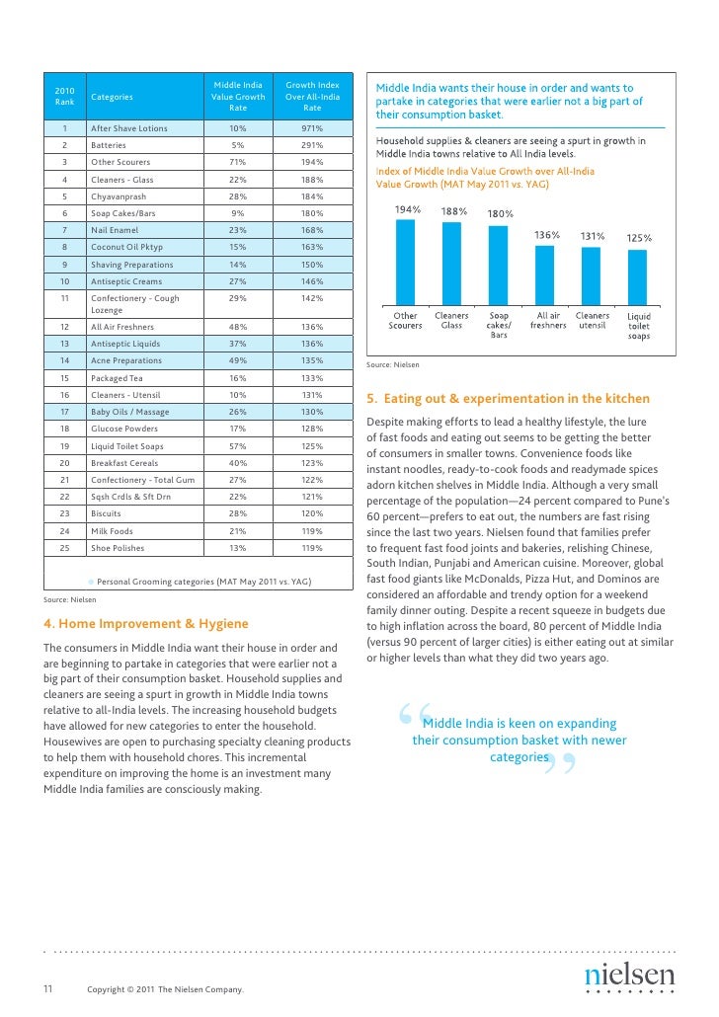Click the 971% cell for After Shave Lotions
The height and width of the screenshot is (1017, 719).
[312, 128]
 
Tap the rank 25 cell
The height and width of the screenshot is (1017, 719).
[63, 548]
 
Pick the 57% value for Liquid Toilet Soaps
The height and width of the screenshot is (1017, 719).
[237, 445]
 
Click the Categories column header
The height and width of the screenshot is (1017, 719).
[112, 97]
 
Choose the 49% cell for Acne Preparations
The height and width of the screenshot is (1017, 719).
[237, 360]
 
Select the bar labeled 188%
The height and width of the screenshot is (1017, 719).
[451, 264]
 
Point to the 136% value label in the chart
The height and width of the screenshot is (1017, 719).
[547, 235]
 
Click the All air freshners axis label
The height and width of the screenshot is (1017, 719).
[548, 320]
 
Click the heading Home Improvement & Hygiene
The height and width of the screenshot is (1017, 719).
[147, 623]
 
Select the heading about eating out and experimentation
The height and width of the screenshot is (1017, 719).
[508, 399]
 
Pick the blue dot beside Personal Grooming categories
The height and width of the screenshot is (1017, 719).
[90, 582]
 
